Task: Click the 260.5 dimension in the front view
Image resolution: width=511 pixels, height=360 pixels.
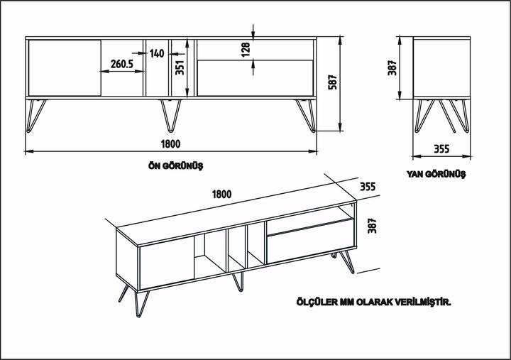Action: tap(122, 65)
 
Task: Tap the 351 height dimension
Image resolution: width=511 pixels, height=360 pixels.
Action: tap(180, 67)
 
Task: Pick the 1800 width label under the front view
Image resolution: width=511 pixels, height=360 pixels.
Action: tap(170, 143)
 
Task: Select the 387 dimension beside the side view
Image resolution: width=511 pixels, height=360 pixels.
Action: tap(392, 67)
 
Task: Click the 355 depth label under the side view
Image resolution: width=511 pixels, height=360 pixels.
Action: tap(441, 149)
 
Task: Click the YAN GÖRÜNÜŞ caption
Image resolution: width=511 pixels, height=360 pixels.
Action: tap(436, 173)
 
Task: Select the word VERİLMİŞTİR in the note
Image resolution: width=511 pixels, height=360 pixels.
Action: tap(423, 302)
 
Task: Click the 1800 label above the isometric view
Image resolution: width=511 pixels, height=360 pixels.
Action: tap(221, 193)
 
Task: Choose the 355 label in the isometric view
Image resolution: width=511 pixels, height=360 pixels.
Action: tap(367, 187)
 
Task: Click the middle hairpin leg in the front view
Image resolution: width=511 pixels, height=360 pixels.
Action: tap(170, 115)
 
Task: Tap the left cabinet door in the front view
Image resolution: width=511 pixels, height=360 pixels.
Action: tap(64, 67)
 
